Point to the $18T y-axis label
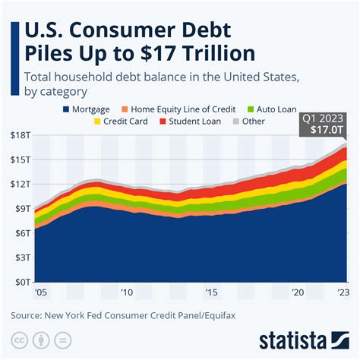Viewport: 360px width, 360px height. click(21, 134)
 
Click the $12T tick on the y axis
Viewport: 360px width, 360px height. click(21, 184)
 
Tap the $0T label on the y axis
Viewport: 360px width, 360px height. click(21, 282)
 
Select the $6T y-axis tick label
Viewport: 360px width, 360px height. click(21, 233)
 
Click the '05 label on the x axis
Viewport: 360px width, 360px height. click(39, 292)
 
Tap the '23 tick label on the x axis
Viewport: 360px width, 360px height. click(344, 292)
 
